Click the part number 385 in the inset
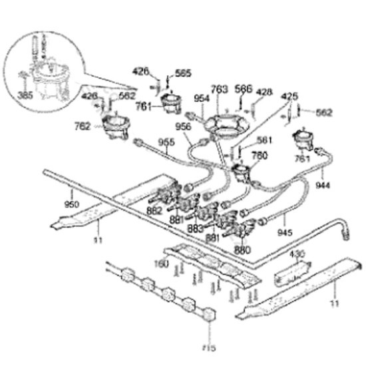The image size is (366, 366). (x=25, y=95)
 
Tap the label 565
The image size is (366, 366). (x=183, y=74)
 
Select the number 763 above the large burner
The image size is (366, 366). (x=220, y=88)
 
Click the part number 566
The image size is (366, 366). (x=244, y=88)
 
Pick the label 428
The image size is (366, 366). (x=264, y=92)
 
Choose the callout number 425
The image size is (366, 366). (x=289, y=96)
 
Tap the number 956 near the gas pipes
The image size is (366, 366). (x=183, y=126)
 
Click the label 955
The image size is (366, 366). (x=166, y=141)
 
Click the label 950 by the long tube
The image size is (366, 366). (x=71, y=203)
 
